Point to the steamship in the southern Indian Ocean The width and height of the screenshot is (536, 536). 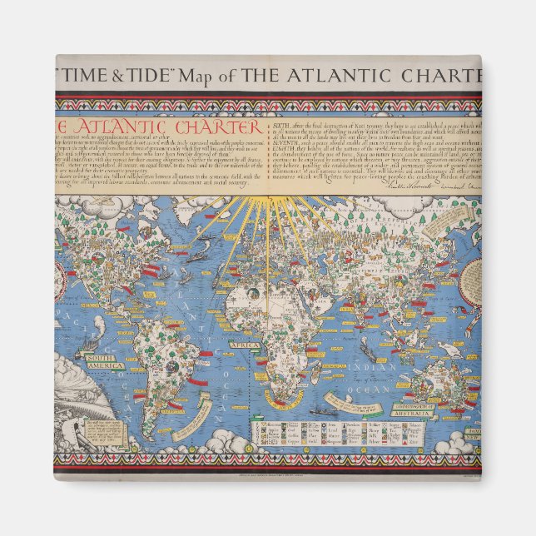coord(325,412)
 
